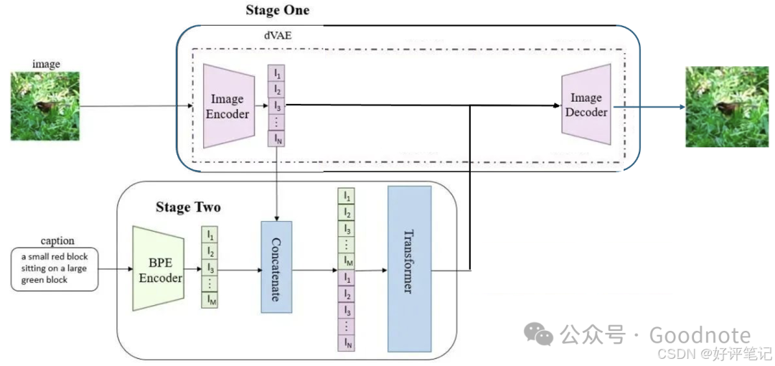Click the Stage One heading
tap(277, 10)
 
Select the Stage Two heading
tap(188, 207)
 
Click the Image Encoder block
tap(227, 106)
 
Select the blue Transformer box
tap(409, 268)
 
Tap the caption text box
tap(55, 269)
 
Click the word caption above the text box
tap(57, 241)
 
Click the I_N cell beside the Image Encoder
tap(276, 139)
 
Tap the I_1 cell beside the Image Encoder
tap(276, 73)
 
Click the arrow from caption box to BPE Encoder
tap(115, 270)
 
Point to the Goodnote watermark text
tap(700, 335)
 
